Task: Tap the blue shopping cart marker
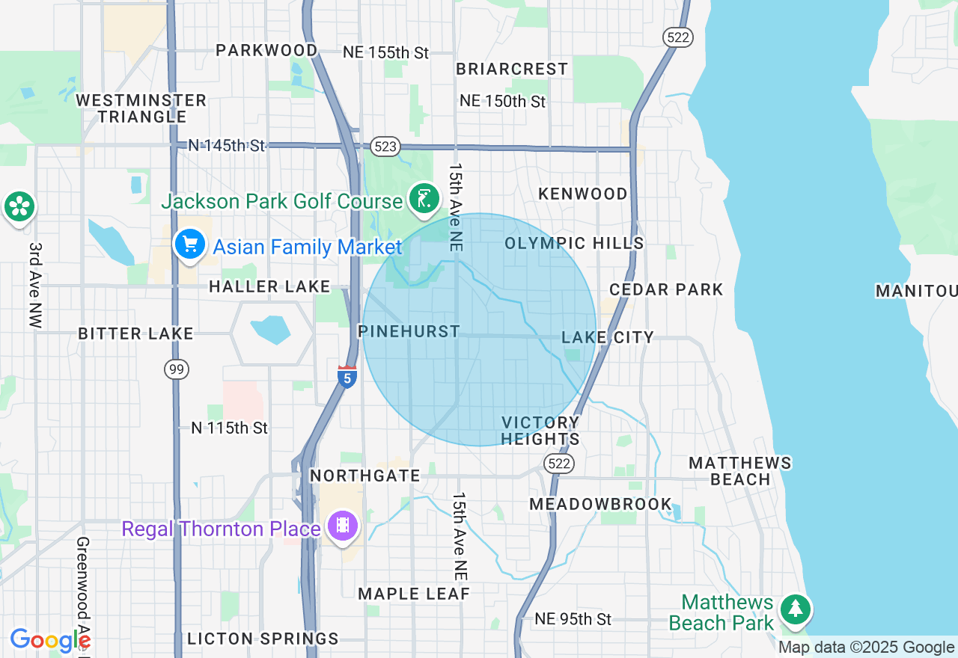190,244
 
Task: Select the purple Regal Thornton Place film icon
343,526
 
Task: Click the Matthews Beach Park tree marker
795,609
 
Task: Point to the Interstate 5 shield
347,377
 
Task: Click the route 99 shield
177,369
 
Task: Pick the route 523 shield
385,147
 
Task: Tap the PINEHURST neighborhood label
409,331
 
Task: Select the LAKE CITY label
608,337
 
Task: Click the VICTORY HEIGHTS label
540,431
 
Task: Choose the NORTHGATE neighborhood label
365,476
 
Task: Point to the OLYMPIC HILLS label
574,243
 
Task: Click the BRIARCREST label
512,69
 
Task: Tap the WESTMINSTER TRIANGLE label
141,108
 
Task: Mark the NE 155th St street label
385,52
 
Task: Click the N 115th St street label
229,428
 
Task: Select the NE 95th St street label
573,619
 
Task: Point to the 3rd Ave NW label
35,285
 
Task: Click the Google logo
50,640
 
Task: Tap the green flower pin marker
19,206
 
